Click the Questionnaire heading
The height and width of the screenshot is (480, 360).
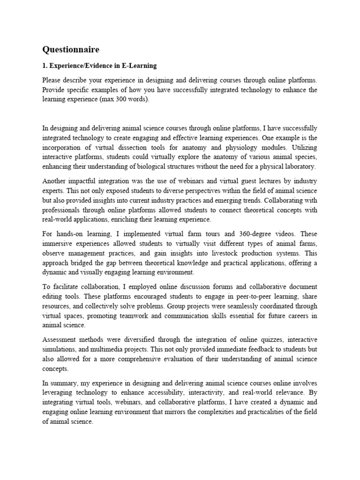pyautogui.click(x=71, y=49)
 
